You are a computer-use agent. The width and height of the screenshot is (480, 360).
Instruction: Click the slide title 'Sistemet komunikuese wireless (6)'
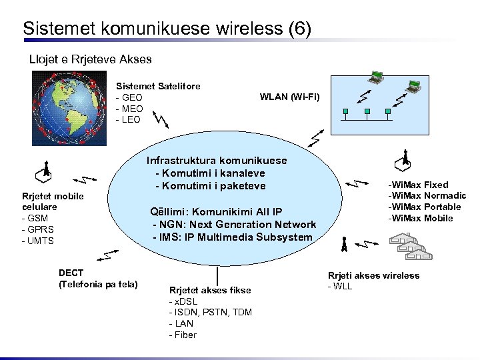[x=167, y=29]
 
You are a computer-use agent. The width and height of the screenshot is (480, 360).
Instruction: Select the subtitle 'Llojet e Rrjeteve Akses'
[x=91, y=59]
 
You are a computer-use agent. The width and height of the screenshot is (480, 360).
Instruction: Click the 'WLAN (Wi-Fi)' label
[x=289, y=97]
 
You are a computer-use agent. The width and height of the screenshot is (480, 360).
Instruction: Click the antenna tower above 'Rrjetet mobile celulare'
[x=44, y=172]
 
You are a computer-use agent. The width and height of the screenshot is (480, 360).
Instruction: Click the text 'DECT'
[x=71, y=273]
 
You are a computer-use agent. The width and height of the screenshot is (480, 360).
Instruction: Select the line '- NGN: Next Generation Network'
[x=235, y=225]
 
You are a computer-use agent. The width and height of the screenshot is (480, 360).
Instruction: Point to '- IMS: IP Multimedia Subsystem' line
[x=233, y=237]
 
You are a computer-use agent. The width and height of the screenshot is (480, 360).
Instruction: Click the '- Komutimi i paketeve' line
[x=211, y=185]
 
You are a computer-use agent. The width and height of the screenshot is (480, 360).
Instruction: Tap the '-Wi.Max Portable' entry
[x=425, y=207]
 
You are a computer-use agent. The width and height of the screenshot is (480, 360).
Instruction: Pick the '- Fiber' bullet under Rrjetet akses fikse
[x=183, y=335]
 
